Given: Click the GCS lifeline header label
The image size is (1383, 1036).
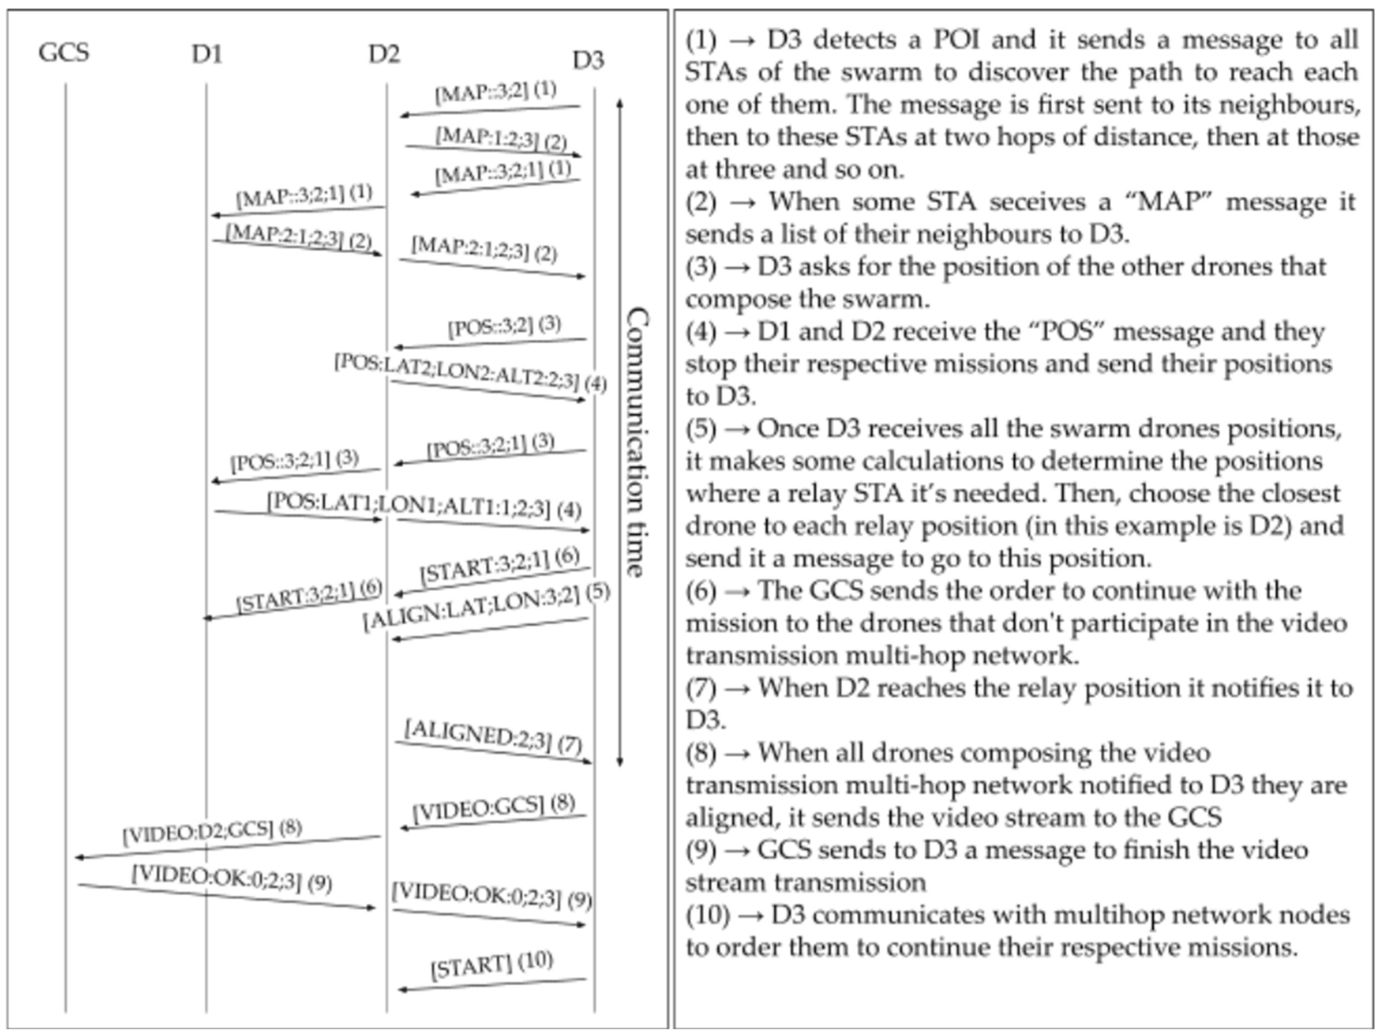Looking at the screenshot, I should [64, 53].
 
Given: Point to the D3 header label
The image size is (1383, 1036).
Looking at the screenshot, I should [588, 61].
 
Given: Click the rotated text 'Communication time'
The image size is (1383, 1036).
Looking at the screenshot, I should [636, 442].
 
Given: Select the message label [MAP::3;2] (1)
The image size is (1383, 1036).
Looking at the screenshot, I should [495, 92].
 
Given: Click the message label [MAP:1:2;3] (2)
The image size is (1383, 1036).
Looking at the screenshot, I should [501, 139].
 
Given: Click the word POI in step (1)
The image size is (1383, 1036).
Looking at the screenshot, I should [956, 40].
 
